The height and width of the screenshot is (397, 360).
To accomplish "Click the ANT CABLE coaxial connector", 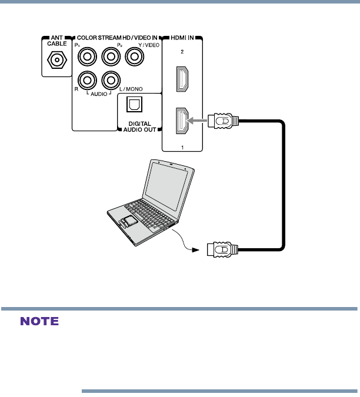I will (x=57, y=60).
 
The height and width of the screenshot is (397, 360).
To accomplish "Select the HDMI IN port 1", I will (x=182, y=122).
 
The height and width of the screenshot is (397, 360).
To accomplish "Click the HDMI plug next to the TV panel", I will (x=224, y=122).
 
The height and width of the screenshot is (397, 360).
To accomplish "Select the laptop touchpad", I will (x=129, y=222).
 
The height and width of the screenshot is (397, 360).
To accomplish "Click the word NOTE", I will (x=40, y=322).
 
